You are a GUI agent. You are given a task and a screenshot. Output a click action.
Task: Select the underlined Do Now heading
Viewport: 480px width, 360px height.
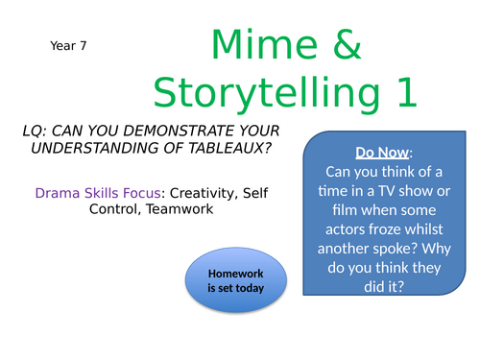point(383,154)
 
